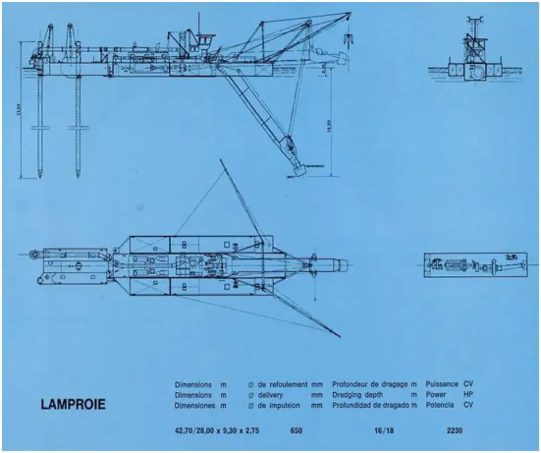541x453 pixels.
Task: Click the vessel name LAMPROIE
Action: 73,405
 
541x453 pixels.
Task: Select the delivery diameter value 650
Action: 296,431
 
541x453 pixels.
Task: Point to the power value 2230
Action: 455,431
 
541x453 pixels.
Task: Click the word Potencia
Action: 441,405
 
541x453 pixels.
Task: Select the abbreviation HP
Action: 468,395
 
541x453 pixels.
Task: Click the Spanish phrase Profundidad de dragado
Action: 371,405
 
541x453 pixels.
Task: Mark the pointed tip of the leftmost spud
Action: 40,173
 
